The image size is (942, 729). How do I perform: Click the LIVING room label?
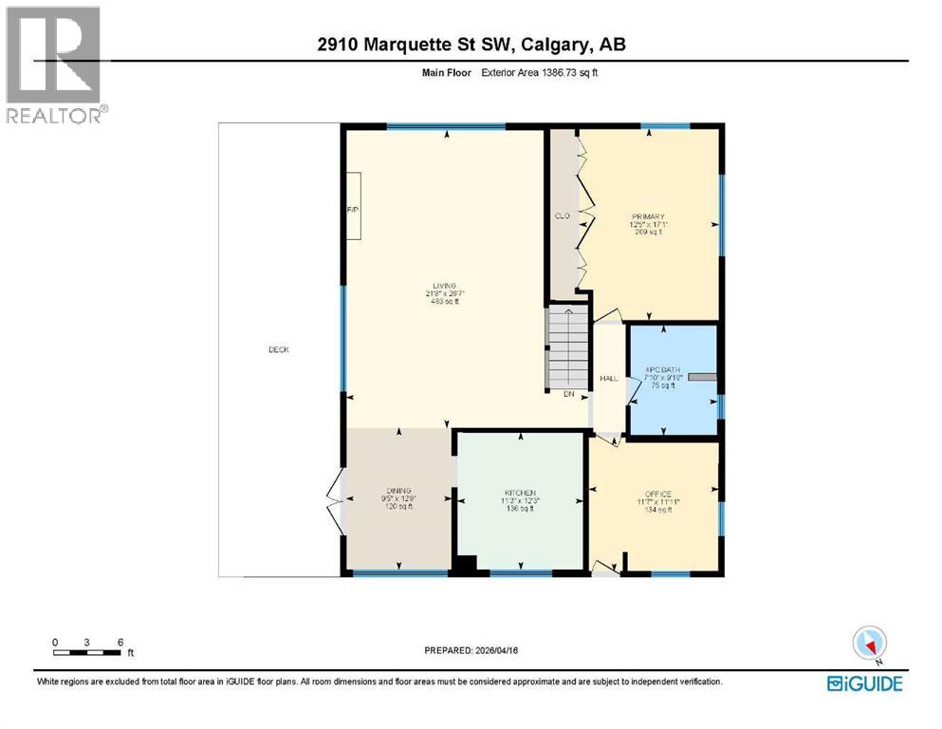coord(442,286)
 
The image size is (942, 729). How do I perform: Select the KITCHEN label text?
coord(519,493)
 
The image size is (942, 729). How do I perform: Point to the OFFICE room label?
coord(657,494)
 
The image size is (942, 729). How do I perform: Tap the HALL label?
coord(609,379)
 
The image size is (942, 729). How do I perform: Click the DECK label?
coord(278,350)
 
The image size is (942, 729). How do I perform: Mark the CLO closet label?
coord(561,216)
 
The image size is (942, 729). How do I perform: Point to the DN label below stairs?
coord(568,393)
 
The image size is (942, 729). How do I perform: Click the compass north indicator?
coord(869,644)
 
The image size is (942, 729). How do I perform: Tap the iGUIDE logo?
coord(864,683)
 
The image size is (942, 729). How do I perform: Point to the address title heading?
coord(471,45)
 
